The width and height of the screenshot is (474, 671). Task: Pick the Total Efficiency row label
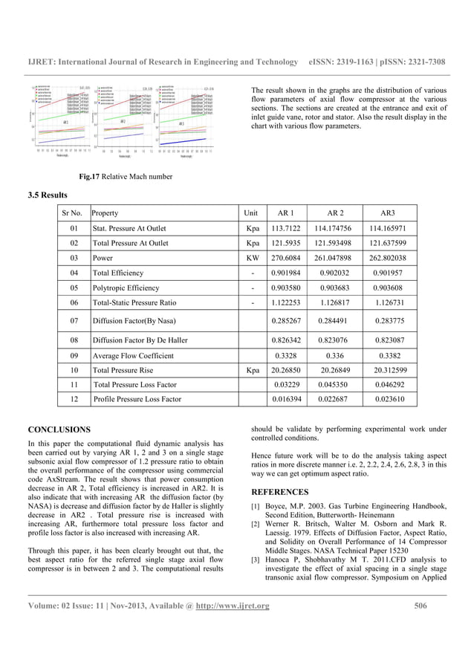[118, 273]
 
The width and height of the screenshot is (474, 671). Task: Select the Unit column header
[252, 213]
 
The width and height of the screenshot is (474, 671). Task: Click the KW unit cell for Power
[253, 258]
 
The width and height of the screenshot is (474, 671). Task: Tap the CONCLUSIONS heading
[59, 429]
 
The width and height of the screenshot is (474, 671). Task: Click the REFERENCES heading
[280, 492]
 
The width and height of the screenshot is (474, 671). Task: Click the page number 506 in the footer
[421, 606]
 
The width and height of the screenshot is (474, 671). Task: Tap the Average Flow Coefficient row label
[133, 355]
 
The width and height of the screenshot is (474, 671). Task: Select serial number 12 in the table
[74, 399]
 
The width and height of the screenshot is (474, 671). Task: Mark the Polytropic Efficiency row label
[126, 288]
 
